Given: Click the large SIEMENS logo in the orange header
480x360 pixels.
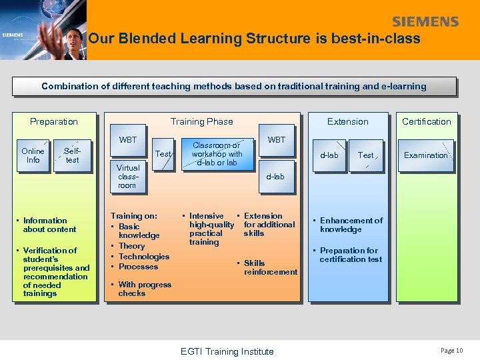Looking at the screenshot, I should (425, 21).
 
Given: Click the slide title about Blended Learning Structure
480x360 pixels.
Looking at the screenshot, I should (254, 39).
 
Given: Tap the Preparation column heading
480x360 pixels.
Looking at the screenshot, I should (54, 121).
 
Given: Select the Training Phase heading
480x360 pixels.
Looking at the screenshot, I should (201, 121).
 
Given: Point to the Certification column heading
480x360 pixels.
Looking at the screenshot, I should (426, 121).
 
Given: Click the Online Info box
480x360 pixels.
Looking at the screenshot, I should (33, 155).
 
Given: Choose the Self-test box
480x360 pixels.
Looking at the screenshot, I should (72, 155).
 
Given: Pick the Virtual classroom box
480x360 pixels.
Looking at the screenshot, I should (127, 177).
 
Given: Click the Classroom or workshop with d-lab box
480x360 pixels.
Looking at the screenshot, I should (217, 154).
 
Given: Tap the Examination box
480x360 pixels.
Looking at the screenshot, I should (426, 155).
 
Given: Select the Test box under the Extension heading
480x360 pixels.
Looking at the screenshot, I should (366, 155).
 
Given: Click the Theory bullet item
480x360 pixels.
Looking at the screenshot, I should (131, 246).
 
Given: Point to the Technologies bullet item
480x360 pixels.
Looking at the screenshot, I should (143, 257).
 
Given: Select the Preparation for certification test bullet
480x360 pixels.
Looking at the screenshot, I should (350, 255).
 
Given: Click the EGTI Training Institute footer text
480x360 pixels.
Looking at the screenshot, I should (227, 351).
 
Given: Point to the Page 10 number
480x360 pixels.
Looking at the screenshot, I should (451, 351).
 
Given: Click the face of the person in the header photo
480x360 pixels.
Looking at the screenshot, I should (73, 36).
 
